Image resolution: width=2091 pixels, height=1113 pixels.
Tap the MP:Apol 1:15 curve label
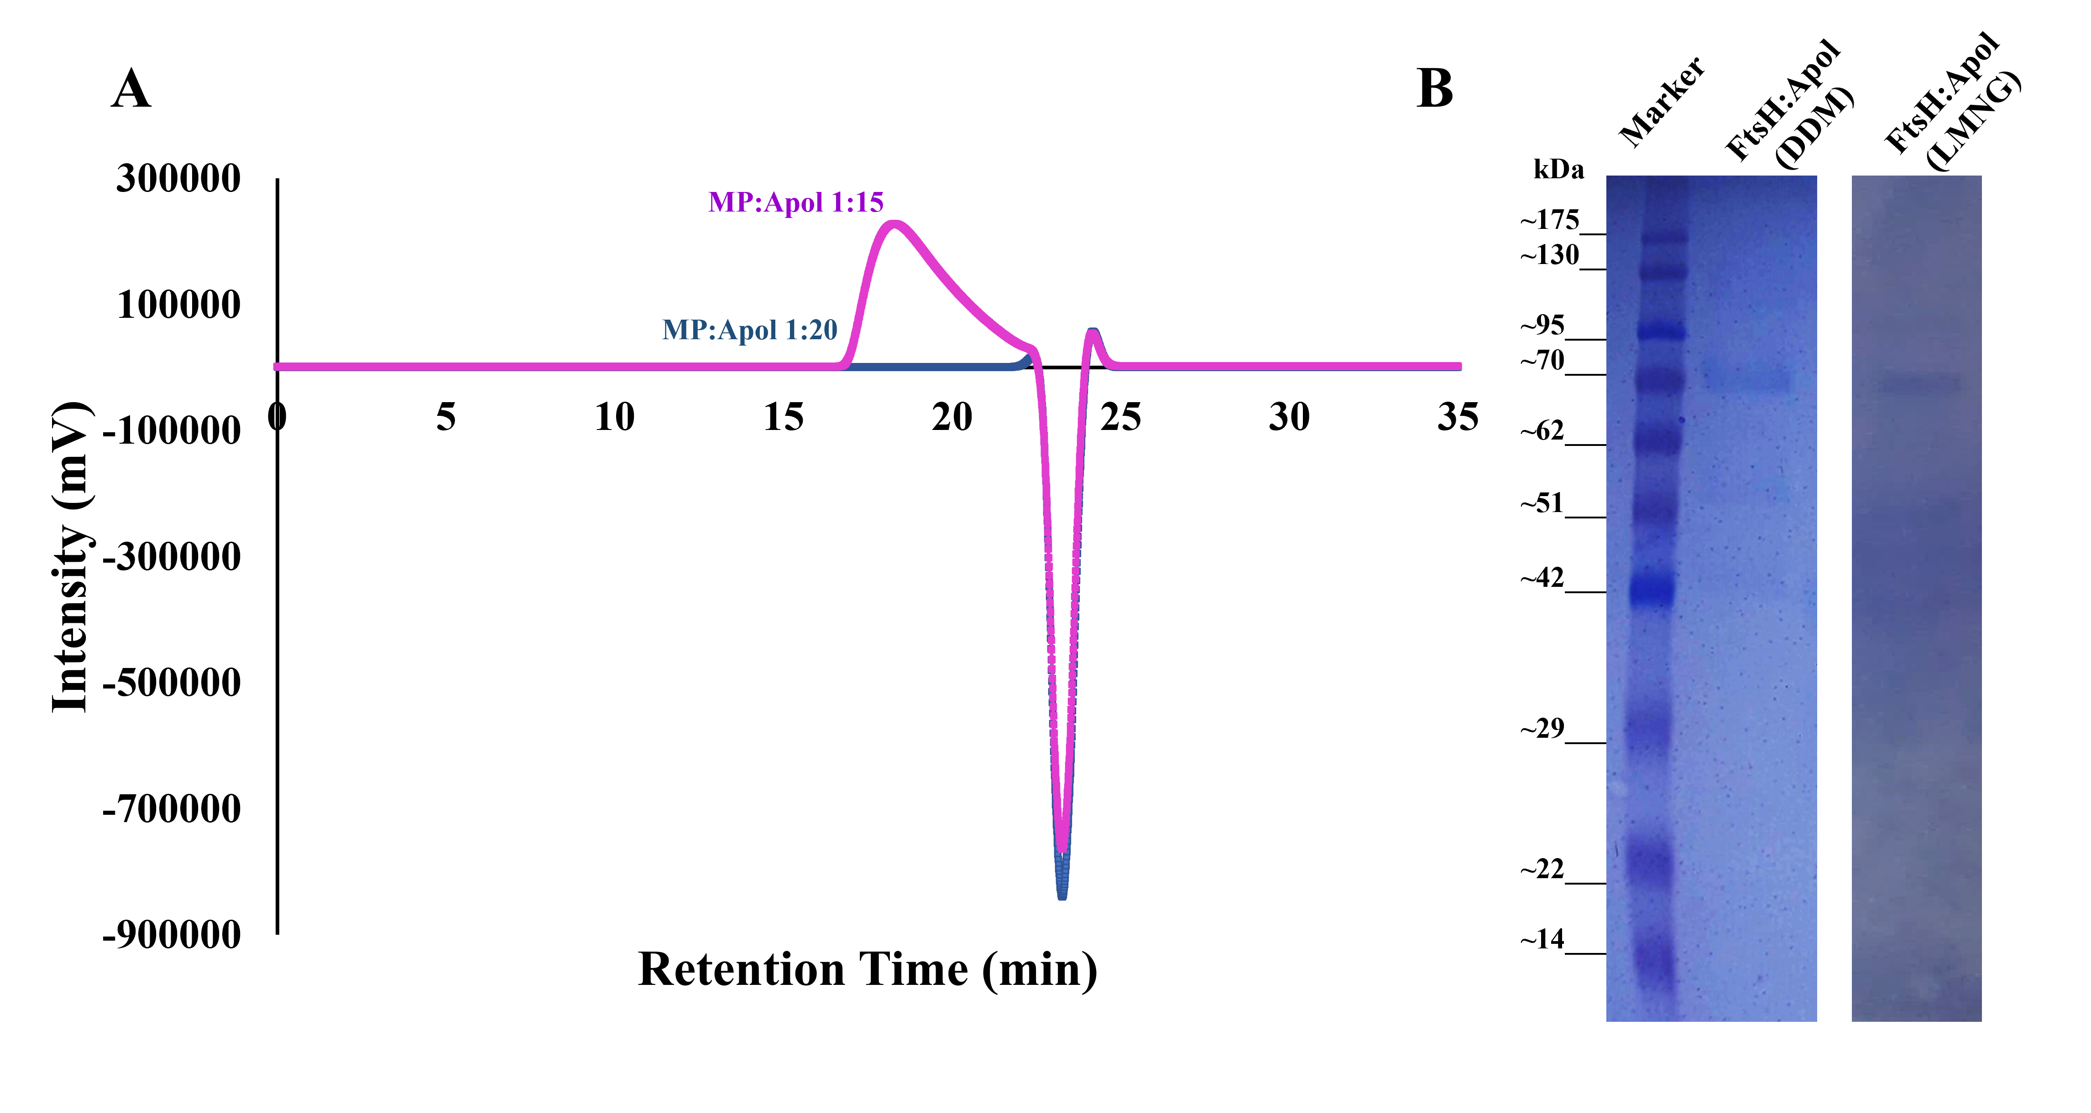tap(795, 202)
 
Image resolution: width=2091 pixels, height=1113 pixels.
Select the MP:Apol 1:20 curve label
tap(749, 330)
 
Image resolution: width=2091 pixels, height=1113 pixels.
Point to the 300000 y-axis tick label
tap(178, 178)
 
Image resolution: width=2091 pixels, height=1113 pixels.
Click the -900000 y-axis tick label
tap(172, 935)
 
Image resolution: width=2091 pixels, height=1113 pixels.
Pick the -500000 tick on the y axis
tap(172, 682)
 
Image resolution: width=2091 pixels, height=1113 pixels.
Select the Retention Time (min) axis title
tap(867, 969)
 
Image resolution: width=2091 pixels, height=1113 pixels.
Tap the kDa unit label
tap(1558, 170)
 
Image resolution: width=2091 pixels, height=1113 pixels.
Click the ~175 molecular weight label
tap(1550, 220)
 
